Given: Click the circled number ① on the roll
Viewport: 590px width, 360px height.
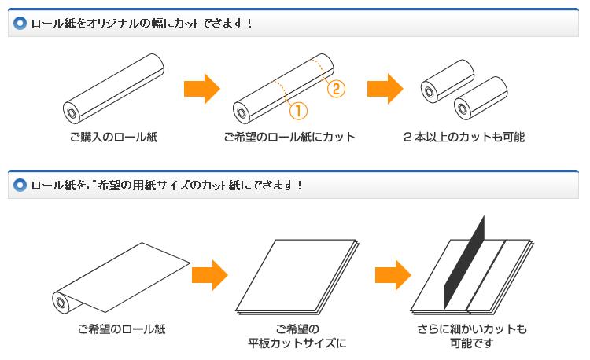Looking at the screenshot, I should point(298,112).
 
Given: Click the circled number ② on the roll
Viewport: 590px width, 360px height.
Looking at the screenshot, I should point(335,88).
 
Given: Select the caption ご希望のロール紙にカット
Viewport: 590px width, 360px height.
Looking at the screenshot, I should point(289,138).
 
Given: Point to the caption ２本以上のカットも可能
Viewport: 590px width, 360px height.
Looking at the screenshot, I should point(463,138).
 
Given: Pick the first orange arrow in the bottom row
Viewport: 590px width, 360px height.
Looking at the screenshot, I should point(209,275).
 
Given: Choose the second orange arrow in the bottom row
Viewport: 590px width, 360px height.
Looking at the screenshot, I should point(393,275).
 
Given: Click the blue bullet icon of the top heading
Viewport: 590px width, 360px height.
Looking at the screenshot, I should point(20,23).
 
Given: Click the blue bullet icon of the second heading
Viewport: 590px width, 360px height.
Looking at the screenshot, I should point(20,186).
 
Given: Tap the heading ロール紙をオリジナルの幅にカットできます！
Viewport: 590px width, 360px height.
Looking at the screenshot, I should point(142,23).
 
